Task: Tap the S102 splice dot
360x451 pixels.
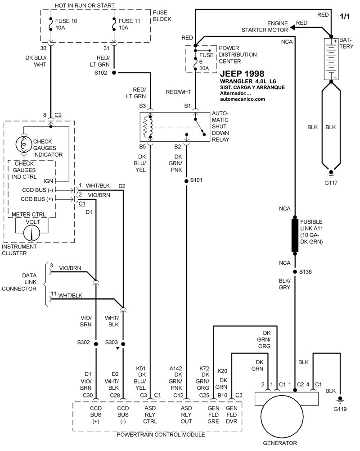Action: [x=113, y=72]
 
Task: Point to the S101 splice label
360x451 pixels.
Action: [x=197, y=180]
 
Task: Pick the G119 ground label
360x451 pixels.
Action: [x=341, y=409]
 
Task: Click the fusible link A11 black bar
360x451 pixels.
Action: [x=295, y=235]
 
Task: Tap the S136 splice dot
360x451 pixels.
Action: [x=295, y=272]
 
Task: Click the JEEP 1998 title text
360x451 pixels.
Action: [x=242, y=74]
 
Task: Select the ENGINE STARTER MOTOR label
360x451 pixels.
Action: [x=265, y=27]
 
